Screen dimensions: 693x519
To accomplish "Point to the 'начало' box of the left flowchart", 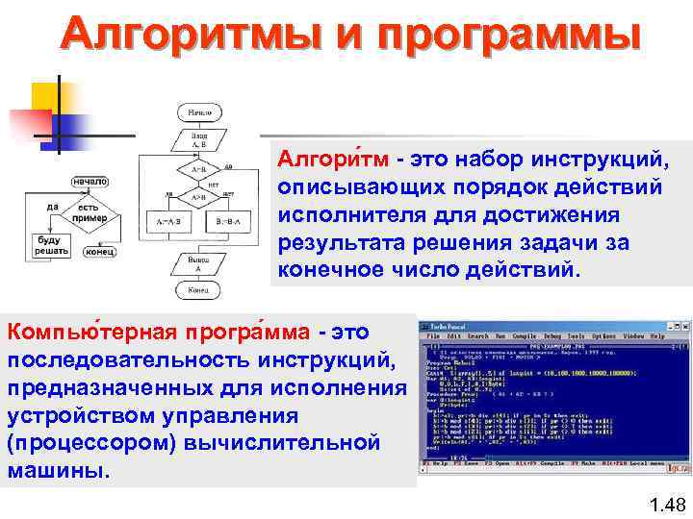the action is tap(89, 181).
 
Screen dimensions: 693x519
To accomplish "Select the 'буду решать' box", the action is tap(48, 244).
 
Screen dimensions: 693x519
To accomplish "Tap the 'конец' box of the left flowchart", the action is tap(100, 252).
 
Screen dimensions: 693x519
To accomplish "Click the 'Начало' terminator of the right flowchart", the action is tap(199, 112).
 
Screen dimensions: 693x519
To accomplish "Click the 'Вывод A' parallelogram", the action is tap(199, 262).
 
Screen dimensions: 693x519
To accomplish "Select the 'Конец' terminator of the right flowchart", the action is tap(199, 288).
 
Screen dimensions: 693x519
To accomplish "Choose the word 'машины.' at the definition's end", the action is tap(60, 473).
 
